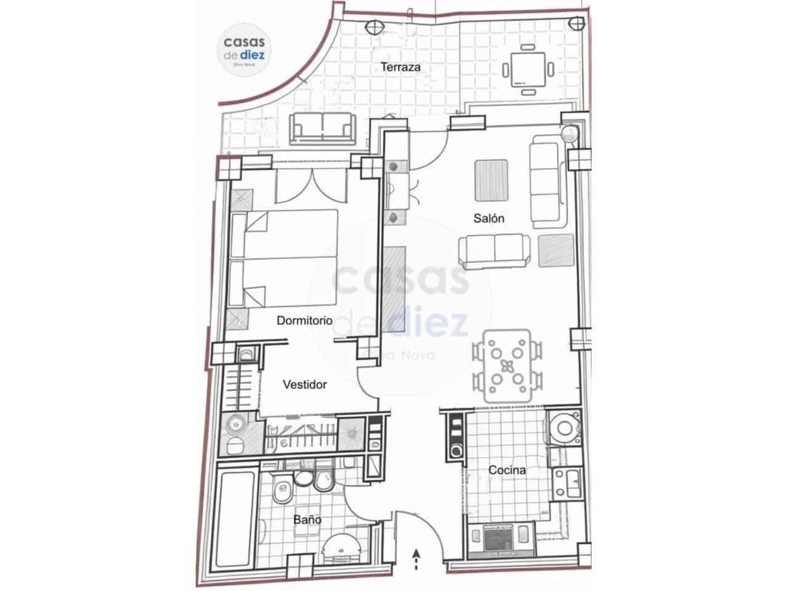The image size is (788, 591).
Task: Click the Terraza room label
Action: click(x=400, y=67)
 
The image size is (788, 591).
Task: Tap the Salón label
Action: click(x=489, y=218)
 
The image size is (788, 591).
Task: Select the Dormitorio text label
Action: click(x=305, y=321)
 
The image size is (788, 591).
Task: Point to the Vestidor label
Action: click(x=305, y=385)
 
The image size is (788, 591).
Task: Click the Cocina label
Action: click(x=507, y=470)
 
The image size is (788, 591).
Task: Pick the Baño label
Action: click(x=307, y=520)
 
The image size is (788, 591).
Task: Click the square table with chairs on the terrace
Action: click(x=528, y=70)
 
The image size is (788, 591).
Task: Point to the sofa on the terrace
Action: click(x=323, y=127)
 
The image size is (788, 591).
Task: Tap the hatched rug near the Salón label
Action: click(x=491, y=180)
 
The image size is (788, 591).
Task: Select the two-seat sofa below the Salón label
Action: click(x=494, y=252)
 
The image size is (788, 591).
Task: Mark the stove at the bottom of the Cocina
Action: click(x=499, y=540)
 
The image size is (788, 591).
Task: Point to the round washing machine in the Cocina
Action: click(x=562, y=427)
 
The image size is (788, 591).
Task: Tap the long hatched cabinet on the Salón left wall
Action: click(x=394, y=289)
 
